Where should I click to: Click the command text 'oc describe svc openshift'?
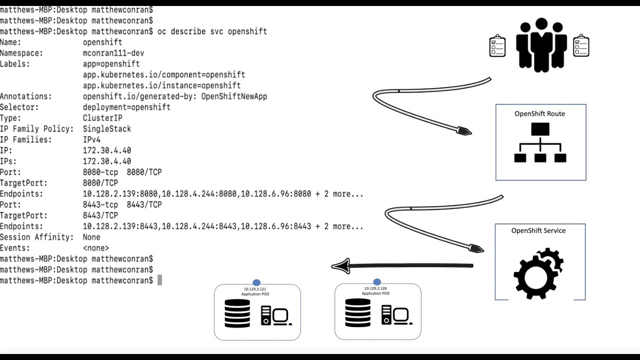pyautogui.click(x=212, y=31)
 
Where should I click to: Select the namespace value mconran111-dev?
pyautogui.click(x=113, y=53)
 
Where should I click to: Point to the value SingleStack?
pyautogui.click(x=107, y=129)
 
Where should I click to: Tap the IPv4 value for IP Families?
pyautogui.click(x=91, y=139)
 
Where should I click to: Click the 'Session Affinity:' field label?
pyautogui.click(x=37, y=237)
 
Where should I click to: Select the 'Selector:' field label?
pyautogui.click(x=19, y=107)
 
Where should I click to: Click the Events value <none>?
pyautogui.click(x=96, y=248)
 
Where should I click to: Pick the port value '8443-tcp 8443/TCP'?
pyautogui.click(x=122, y=204)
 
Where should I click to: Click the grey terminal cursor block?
pyautogui.click(x=159, y=280)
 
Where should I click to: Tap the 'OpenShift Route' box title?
pyautogui.click(x=539, y=113)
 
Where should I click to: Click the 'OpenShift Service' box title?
pyautogui.click(x=538, y=230)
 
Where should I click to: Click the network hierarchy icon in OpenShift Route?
pyautogui.click(x=540, y=143)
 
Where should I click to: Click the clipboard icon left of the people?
pyautogui.click(x=497, y=46)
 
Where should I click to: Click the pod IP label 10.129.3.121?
pyautogui.click(x=255, y=289)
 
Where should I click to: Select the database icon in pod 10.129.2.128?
pyautogui.click(x=358, y=312)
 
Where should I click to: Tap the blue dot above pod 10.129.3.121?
pyautogui.click(x=256, y=283)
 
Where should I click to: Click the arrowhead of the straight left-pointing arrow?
pyautogui.click(x=340, y=266)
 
